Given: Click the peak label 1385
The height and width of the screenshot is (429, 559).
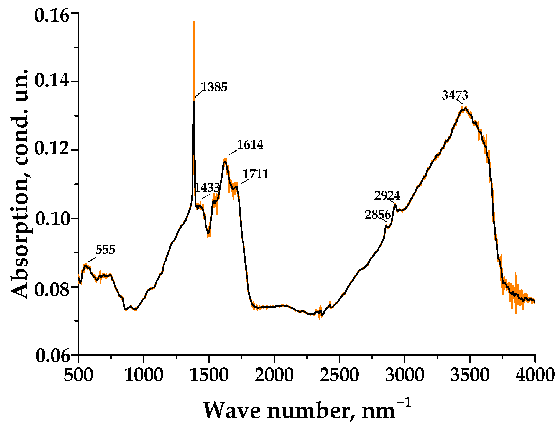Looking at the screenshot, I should (x=214, y=87).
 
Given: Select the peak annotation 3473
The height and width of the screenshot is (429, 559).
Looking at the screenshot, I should (x=455, y=96).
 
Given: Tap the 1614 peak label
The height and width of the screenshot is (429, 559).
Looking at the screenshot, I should (x=250, y=145).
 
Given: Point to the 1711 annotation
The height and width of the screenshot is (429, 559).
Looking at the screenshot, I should (x=256, y=174).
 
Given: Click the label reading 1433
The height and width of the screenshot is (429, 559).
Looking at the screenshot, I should (x=207, y=188).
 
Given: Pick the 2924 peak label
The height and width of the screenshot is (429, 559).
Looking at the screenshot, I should (x=387, y=196).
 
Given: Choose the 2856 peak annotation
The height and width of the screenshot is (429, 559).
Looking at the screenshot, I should (x=377, y=215).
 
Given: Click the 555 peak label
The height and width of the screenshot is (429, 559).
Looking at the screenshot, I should (x=105, y=250).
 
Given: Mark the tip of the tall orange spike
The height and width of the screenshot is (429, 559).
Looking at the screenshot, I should (x=194, y=22).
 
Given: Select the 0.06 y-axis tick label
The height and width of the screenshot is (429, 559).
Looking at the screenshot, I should (x=52, y=356).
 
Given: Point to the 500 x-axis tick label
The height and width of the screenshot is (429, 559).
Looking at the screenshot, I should (x=78, y=375).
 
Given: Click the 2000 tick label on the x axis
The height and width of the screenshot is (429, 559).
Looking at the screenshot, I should (x=274, y=375).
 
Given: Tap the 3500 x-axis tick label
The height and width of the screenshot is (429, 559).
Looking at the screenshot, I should (x=469, y=375).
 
